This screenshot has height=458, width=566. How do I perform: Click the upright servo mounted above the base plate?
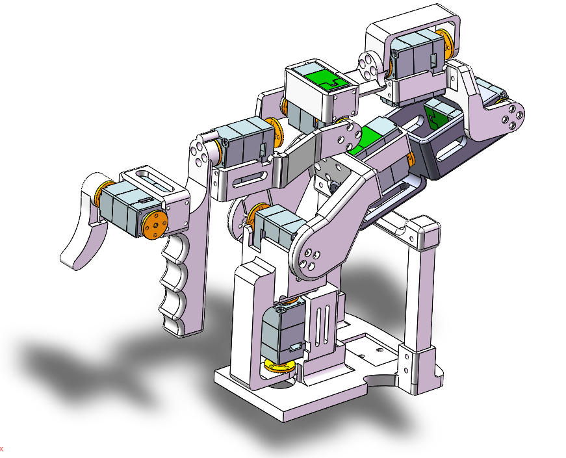tap(281, 333)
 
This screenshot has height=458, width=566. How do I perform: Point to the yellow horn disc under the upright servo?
tap(279, 368)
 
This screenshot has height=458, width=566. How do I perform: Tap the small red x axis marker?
tap(2, 448)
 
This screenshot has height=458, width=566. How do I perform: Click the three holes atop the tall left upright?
tap(202, 155)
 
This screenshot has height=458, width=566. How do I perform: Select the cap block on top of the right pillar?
tap(422, 232)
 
